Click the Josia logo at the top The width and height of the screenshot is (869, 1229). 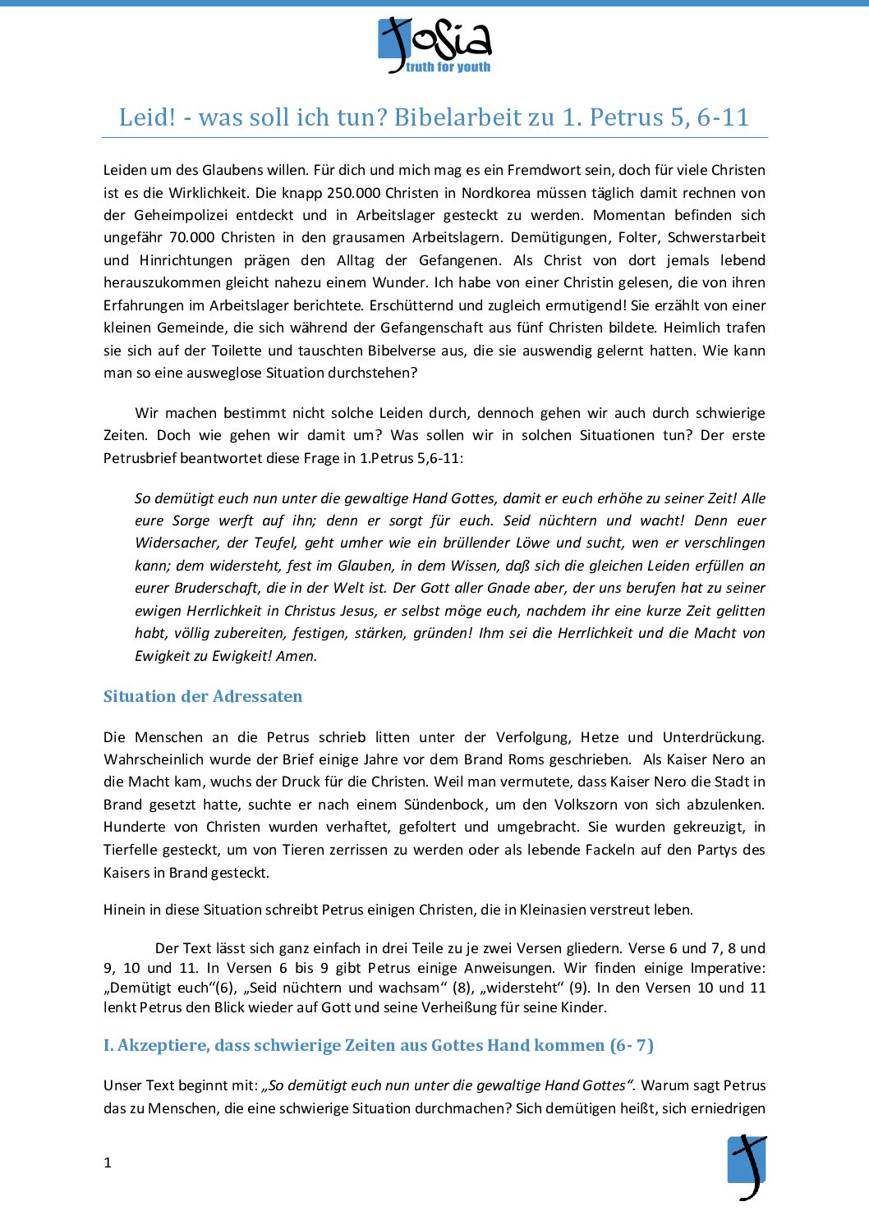pyautogui.click(x=434, y=45)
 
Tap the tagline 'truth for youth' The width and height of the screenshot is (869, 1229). pyautogui.click(x=448, y=67)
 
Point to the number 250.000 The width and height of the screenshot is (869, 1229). pyautogui.click(x=353, y=193)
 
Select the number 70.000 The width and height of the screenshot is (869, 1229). pyautogui.click(x=193, y=237)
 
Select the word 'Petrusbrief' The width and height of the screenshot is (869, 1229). pyautogui.click(x=140, y=458)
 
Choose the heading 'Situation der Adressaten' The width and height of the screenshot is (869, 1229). pyautogui.click(x=203, y=696)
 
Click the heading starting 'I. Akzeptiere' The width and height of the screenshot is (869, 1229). pyautogui.click(x=378, y=1045)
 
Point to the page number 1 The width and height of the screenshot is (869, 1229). pyautogui.click(x=108, y=1163)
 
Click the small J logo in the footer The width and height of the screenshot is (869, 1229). pyautogui.click(x=747, y=1167)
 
